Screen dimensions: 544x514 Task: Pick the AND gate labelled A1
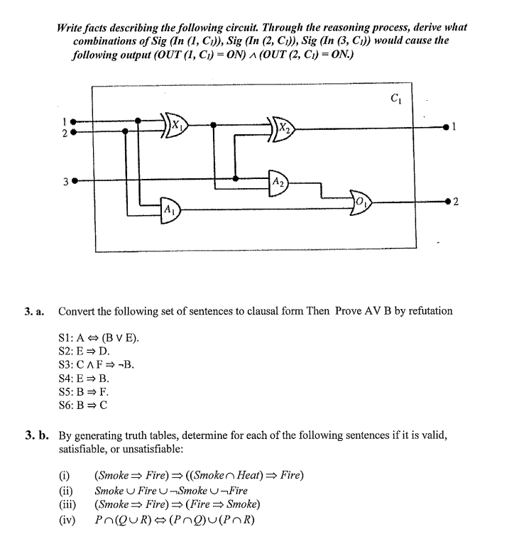point(169,210)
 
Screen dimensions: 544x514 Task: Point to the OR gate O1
point(361,205)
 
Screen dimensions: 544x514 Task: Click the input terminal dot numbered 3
point(74,180)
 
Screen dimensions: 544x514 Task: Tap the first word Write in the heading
point(72,27)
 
